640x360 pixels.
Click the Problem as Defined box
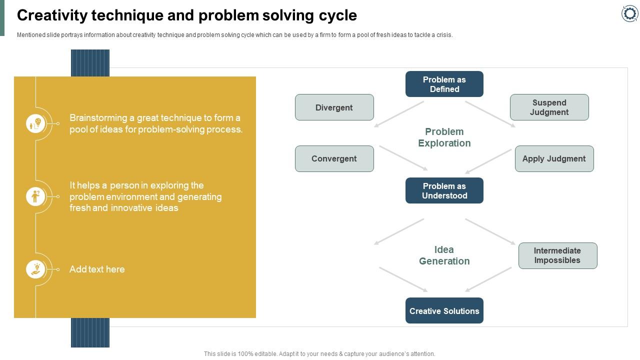click(444, 84)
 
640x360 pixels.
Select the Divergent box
click(334, 107)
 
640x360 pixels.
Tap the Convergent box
click(334, 158)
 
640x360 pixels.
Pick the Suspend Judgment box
click(549, 107)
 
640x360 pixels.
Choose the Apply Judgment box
click(554, 158)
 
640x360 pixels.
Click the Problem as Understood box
click(444, 190)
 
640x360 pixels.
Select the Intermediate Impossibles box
click(557, 255)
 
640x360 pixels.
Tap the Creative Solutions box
click(444, 310)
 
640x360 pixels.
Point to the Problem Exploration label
click(444, 137)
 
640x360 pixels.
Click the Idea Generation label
click(444, 255)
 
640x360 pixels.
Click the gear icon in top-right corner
click(629, 13)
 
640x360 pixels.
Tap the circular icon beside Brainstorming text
click(35, 123)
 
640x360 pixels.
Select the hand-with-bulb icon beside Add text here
click(35, 269)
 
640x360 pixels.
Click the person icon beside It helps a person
click(35, 196)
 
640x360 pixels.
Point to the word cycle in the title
click(337, 15)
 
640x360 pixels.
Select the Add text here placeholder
click(97, 269)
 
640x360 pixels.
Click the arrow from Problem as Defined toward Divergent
click(399, 114)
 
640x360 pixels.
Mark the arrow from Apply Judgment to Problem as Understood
click(488, 161)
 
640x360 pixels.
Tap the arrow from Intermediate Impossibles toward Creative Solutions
click(488, 279)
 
